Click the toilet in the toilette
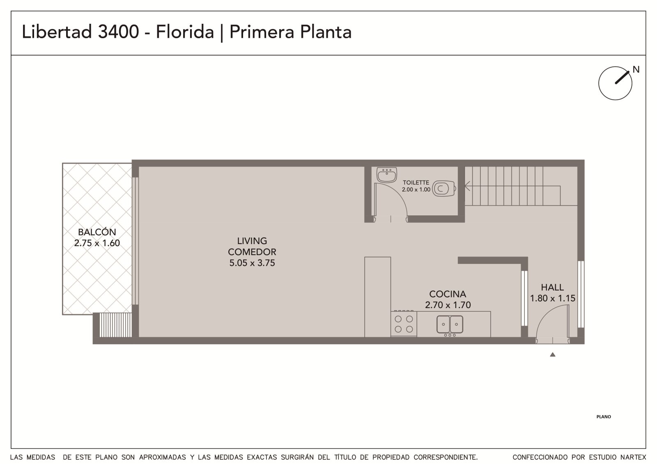click(x=444, y=188)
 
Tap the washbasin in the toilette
click(x=386, y=175)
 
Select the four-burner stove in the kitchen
click(x=404, y=324)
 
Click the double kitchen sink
click(x=450, y=325)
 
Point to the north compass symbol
click(x=615, y=83)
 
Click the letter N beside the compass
click(x=636, y=69)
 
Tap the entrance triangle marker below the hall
click(x=553, y=355)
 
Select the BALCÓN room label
click(x=97, y=232)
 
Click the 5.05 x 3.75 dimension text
click(x=252, y=263)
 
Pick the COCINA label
click(x=448, y=294)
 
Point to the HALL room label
click(x=552, y=287)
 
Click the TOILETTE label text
click(x=416, y=183)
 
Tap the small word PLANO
click(x=604, y=417)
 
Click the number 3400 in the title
click(x=118, y=32)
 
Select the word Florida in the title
click(x=185, y=32)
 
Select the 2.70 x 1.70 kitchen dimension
click(x=448, y=305)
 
